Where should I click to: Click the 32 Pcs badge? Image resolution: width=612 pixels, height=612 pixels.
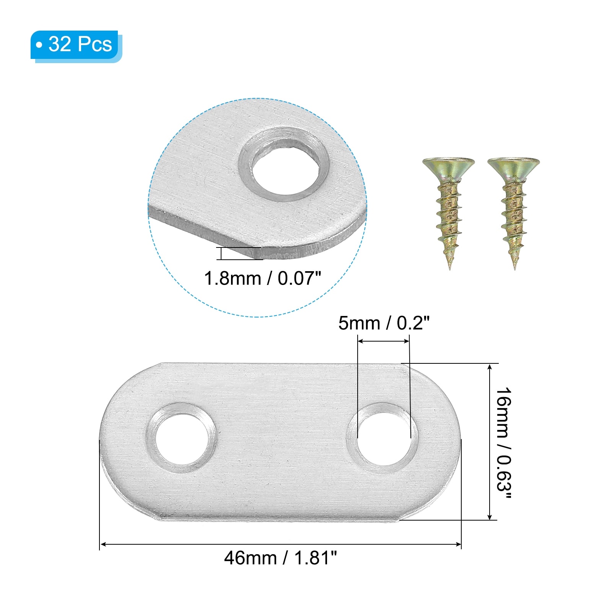pos(75,45)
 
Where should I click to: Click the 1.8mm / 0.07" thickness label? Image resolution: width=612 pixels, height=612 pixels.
pos(262,278)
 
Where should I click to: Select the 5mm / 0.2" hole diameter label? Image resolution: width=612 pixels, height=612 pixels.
pos(384,323)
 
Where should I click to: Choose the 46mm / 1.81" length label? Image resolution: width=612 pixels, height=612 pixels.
pos(280,558)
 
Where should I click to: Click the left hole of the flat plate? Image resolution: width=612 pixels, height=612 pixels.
pos(182,438)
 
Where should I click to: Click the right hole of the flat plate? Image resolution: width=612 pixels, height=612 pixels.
pos(382,438)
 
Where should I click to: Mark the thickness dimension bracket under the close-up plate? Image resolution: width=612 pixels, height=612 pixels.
pos(221,254)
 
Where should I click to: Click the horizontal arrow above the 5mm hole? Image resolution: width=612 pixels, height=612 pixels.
pos(384,341)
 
